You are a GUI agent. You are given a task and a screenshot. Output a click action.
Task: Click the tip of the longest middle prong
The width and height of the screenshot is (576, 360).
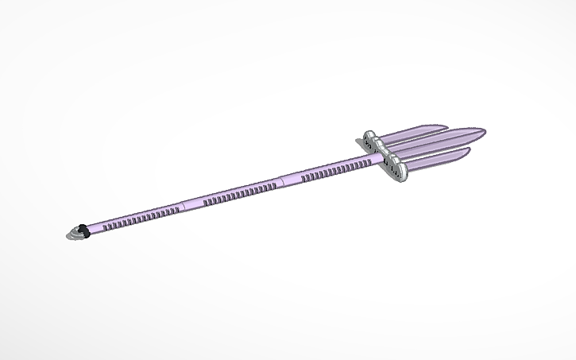click(x=484, y=131)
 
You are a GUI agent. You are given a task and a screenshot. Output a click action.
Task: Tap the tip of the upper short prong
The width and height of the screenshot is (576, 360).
click(x=446, y=126)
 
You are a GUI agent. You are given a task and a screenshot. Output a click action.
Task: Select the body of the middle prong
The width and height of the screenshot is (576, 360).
click(x=445, y=141)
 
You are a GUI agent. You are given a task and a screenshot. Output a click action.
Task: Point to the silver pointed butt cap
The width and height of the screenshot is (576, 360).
click(x=74, y=234)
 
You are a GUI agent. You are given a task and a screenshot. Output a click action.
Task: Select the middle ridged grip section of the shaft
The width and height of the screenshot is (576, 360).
click(x=238, y=192)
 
